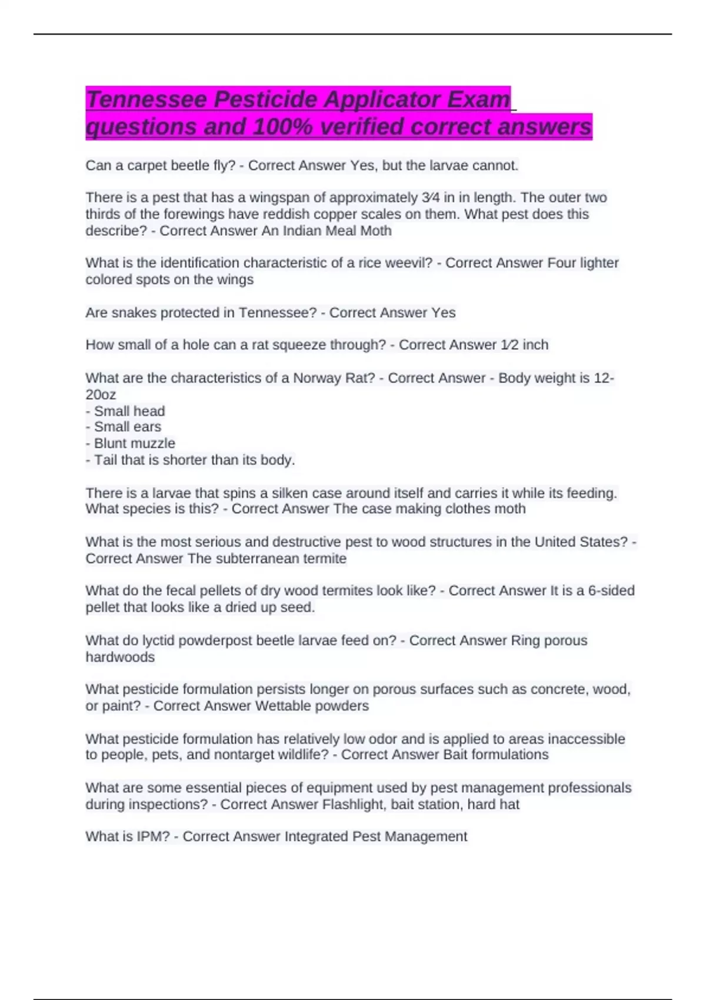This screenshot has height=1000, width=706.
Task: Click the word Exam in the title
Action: [x=478, y=99]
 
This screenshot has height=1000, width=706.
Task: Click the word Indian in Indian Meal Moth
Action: [x=301, y=231]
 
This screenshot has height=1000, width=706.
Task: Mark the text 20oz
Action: [x=101, y=394]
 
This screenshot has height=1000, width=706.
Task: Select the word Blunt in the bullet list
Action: [x=109, y=443]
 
